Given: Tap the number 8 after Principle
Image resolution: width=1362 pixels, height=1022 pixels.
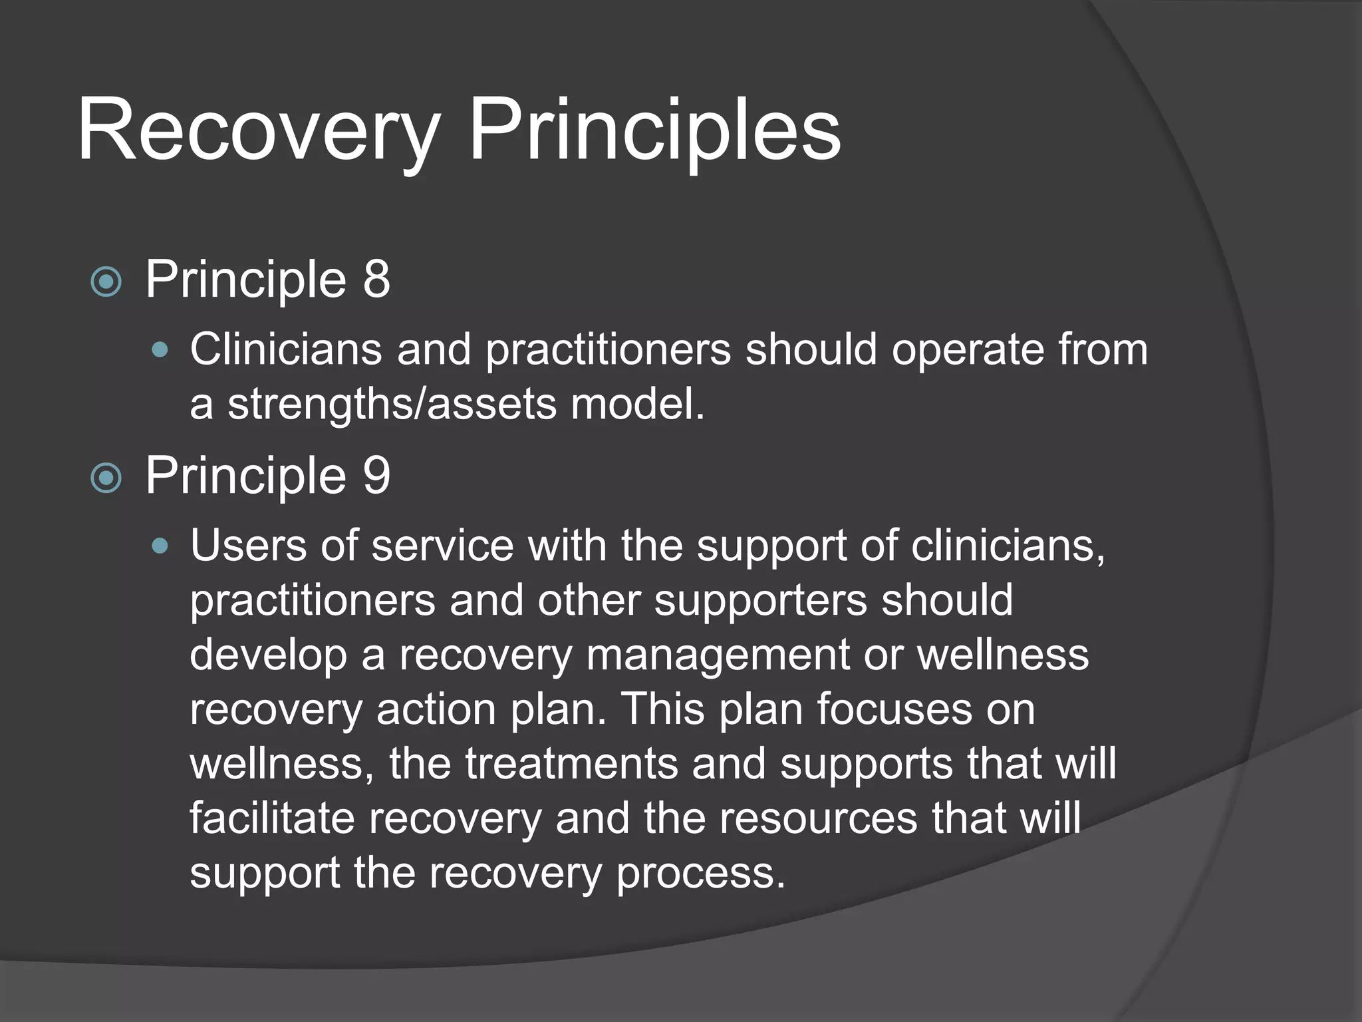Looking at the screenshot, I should (x=376, y=279).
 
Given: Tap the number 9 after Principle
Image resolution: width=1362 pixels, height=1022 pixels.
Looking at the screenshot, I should (x=376, y=476).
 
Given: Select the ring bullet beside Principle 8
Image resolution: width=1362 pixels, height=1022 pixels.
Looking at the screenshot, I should (x=106, y=281).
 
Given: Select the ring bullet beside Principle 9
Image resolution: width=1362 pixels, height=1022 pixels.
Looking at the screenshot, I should (x=106, y=478).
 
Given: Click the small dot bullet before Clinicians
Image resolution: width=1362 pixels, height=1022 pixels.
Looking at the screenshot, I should (x=160, y=350).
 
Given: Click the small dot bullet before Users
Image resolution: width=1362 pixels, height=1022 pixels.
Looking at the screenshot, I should (x=160, y=546).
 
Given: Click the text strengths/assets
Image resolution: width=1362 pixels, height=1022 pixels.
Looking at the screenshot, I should (x=392, y=405).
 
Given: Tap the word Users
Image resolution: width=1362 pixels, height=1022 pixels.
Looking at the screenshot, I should (x=248, y=546).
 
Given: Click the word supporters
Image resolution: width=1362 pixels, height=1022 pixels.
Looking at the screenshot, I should (x=760, y=600).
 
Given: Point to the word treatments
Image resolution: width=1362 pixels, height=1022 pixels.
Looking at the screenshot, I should (x=571, y=764).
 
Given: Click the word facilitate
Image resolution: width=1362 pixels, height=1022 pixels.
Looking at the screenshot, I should (x=272, y=818).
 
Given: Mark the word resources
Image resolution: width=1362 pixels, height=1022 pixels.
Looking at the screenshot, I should (x=818, y=818).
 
